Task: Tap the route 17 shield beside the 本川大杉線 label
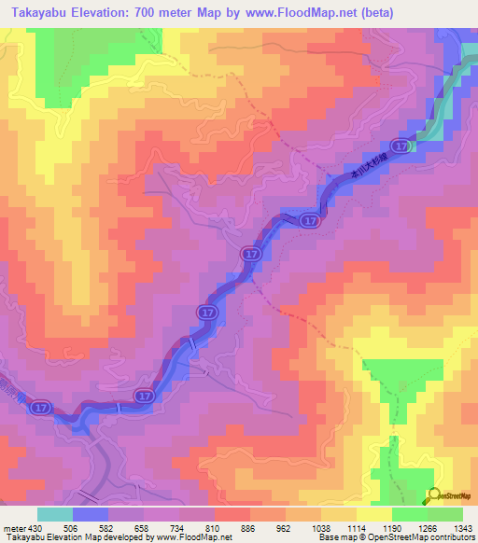click(400, 146)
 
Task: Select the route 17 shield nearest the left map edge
click(40, 408)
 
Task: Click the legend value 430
click(32, 527)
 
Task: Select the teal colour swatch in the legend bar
click(54, 514)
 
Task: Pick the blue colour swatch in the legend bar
click(90, 514)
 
